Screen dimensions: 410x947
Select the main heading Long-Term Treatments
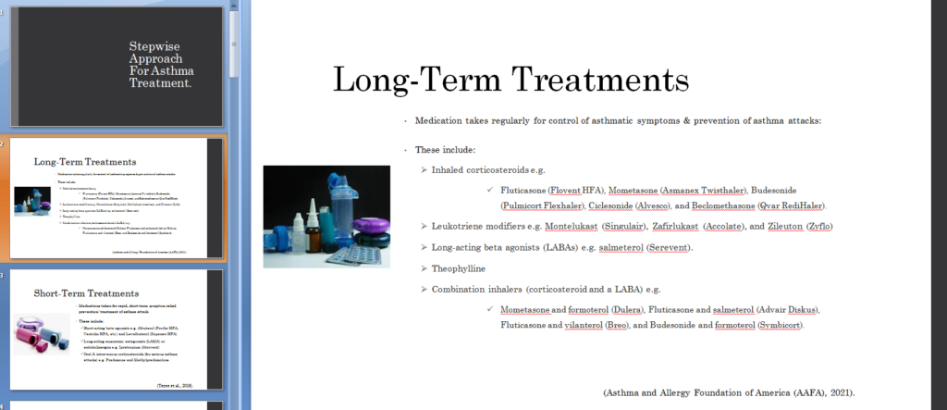[x=510, y=80]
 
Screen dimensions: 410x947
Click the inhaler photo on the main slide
[x=326, y=217]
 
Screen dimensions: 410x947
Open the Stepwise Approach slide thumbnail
[x=116, y=66]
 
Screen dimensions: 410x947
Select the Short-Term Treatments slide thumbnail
[x=116, y=329]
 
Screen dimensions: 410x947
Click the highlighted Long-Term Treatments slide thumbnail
[x=116, y=198]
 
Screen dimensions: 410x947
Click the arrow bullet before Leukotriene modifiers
[x=424, y=226]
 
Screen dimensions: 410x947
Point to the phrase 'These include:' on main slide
[x=446, y=150]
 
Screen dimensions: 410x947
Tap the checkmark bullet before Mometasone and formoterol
[x=490, y=309]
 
